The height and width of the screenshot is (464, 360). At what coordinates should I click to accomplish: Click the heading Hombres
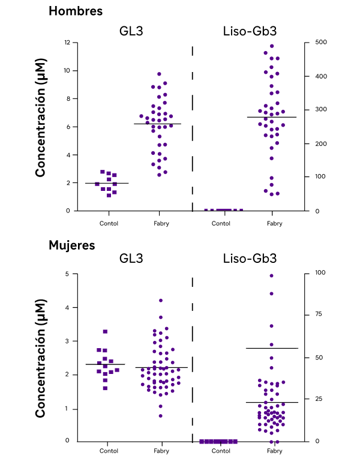pos(76,11)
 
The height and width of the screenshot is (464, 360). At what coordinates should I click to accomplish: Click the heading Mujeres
pos(72,246)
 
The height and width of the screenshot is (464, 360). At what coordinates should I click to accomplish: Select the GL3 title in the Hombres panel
pos(131,31)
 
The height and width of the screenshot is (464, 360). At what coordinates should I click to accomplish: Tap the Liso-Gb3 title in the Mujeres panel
pos(250,258)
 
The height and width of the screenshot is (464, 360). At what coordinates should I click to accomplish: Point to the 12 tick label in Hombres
pos(67,42)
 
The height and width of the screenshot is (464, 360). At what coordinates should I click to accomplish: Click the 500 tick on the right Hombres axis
pos(321,42)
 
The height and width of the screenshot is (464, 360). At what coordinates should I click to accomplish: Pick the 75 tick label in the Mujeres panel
pos(319,314)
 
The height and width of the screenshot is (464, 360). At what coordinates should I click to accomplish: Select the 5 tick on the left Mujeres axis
pos(67,274)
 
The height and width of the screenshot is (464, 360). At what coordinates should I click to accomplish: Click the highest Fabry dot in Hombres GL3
pos(159,74)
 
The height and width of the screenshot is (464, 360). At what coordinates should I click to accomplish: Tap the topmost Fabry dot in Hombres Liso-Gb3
pos(272,46)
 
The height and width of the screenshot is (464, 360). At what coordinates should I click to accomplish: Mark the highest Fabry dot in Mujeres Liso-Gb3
pos(271,276)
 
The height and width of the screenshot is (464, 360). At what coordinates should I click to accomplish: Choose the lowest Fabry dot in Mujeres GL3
pos(161,416)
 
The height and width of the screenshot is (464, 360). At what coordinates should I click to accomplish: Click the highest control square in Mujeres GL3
pos(105,332)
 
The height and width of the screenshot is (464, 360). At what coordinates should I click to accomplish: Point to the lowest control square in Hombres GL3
pos(109,195)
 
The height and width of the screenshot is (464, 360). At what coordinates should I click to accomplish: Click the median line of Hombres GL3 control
pos(107,184)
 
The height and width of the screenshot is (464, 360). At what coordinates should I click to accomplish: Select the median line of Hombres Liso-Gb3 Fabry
pos(272,117)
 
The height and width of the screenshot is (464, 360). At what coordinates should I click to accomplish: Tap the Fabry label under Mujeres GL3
pos(161,451)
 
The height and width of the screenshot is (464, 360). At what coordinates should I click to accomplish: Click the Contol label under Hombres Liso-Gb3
pos(221,223)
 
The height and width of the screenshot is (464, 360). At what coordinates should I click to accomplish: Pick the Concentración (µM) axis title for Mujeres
pos(41,358)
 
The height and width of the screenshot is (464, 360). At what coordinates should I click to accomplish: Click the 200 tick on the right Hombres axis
pos(321,144)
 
